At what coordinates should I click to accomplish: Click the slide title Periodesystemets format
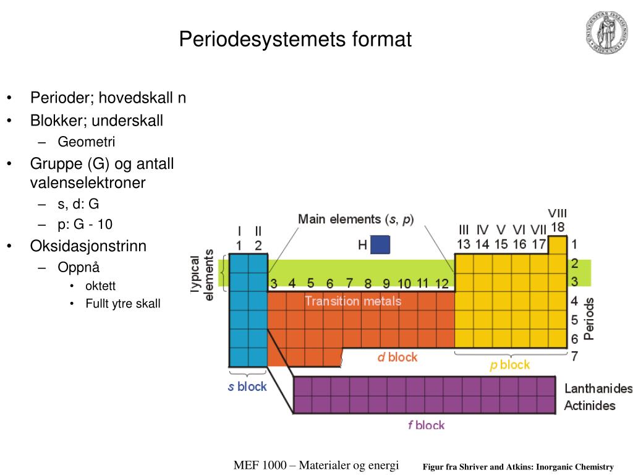(295, 40)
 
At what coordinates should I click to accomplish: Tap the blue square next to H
(380, 245)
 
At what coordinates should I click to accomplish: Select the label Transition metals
(352, 302)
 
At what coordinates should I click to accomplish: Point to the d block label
(397, 357)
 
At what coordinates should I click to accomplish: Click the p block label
(509, 365)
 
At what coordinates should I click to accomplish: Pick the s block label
(247, 387)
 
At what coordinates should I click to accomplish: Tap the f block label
(426, 425)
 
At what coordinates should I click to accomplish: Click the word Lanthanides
(598, 389)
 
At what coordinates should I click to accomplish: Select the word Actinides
(590, 406)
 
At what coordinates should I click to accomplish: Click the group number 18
(558, 228)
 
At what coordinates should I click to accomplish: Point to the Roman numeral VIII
(558, 213)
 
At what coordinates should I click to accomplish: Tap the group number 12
(441, 284)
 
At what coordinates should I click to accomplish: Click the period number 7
(574, 357)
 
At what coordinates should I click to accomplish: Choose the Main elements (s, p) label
(356, 219)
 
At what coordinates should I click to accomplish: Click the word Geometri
(87, 142)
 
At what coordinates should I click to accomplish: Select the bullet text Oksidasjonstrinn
(88, 246)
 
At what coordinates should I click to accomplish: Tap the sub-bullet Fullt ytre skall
(122, 304)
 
